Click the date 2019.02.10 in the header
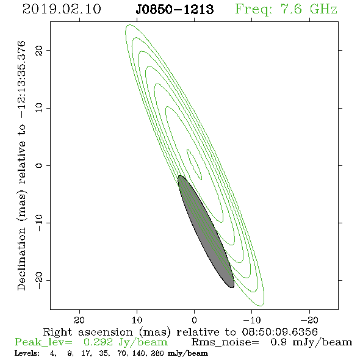[x=62, y=9]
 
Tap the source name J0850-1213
[x=175, y=9]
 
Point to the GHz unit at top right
[x=323, y=9]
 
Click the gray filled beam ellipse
[x=206, y=231]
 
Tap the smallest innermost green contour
[x=195, y=164]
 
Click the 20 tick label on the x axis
[x=79, y=320]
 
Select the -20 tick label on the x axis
[x=309, y=320]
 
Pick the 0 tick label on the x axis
[x=194, y=320]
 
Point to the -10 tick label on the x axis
[x=251, y=320]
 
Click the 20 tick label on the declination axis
[x=39, y=50]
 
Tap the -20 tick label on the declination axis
[x=39, y=280]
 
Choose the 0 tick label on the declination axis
[x=39, y=165]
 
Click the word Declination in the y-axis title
[x=21, y=259]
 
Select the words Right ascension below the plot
[x=88, y=332]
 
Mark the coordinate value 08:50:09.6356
[x=279, y=332]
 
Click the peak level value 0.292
[x=98, y=342]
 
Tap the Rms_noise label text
[x=225, y=342]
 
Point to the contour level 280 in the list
[x=157, y=353]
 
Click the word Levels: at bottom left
[x=27, y=353]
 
